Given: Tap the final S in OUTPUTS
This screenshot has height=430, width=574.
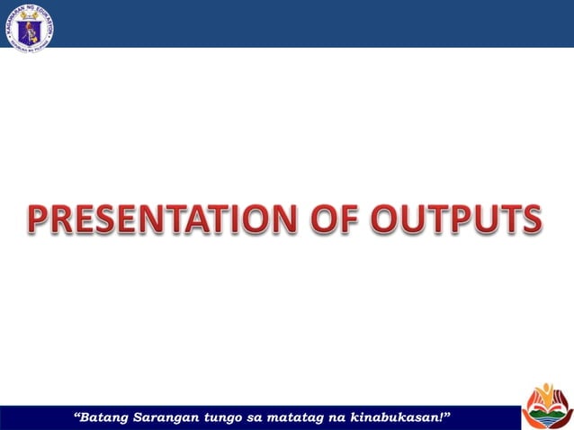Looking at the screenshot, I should tap(531, 219).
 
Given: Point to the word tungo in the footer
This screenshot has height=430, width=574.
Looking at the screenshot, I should tap(226, 417).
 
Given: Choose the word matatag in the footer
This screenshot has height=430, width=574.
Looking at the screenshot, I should tap(301, 417).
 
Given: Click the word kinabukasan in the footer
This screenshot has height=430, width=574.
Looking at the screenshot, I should tap(400, 417).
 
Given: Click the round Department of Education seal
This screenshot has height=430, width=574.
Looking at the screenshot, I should tap(29, 26).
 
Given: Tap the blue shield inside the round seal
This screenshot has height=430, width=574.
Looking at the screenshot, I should tap(29, 26).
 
